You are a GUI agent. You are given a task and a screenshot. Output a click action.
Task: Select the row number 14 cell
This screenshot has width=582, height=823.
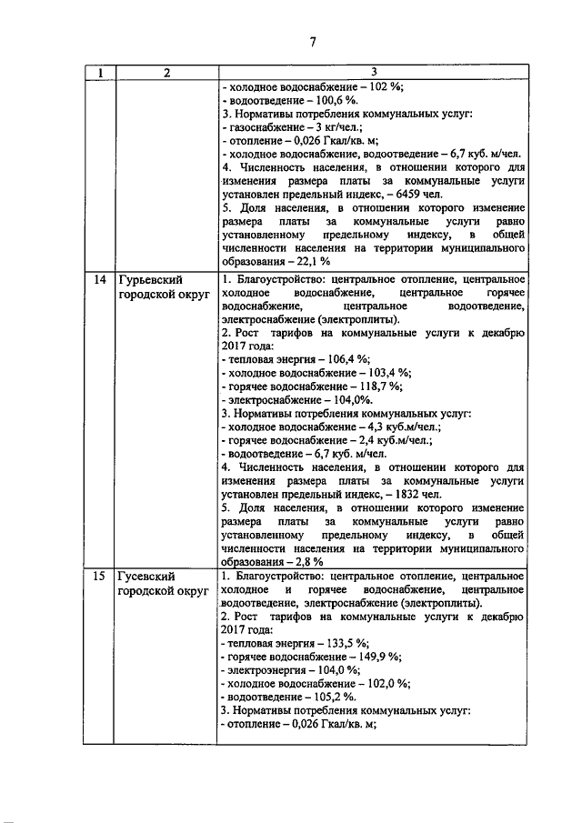[x=100, y=280]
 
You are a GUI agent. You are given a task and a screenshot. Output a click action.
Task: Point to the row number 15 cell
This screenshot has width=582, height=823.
[x=100, y=577]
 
